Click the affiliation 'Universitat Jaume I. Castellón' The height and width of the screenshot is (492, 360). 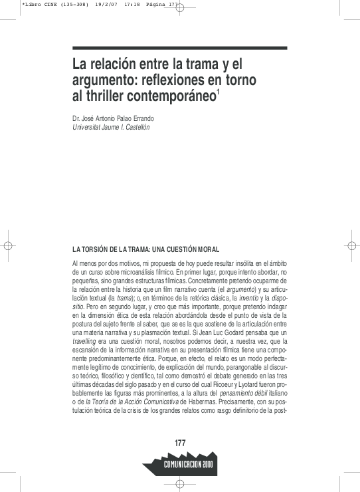click(x=111, y=127)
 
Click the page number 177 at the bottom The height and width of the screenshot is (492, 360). click(x=180, y=443)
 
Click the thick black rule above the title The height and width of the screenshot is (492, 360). click(x=179, y=47)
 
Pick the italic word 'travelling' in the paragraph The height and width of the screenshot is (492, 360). click(x=85, y=340)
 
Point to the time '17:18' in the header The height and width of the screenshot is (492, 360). click(x=121, y=4)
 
